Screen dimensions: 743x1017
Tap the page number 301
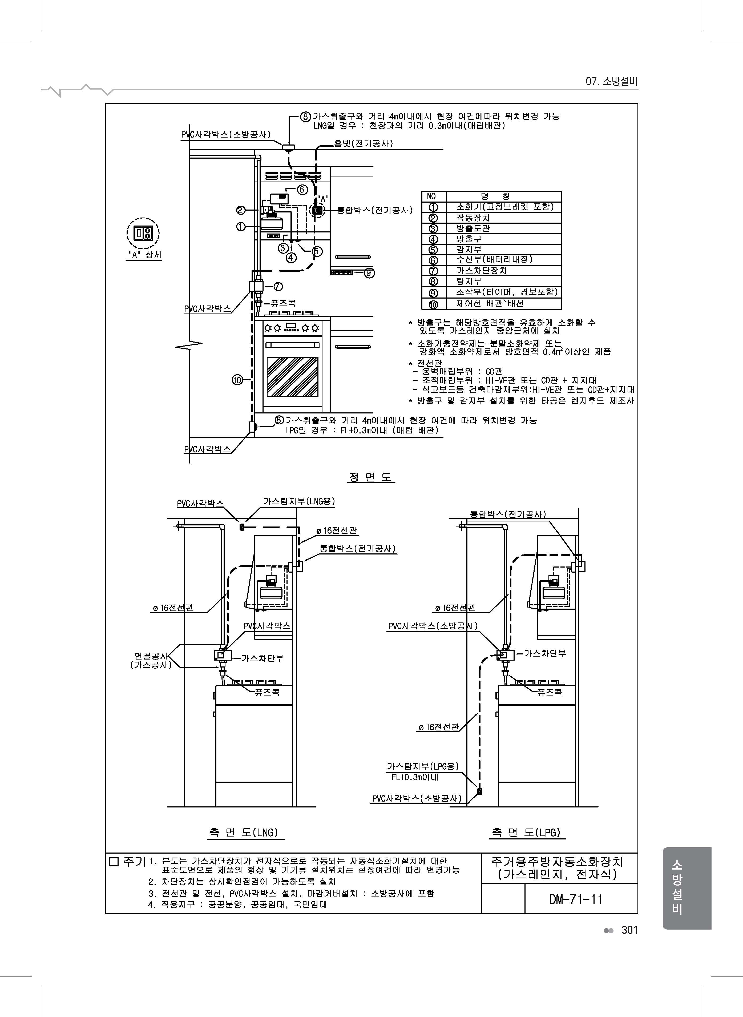coord(630,930)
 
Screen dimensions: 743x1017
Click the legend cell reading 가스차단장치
coord(482,270)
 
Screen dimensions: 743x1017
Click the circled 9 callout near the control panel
coord(369,273)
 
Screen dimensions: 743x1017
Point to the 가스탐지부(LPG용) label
coord(423,766)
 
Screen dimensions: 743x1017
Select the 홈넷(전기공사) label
coord(364,143)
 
